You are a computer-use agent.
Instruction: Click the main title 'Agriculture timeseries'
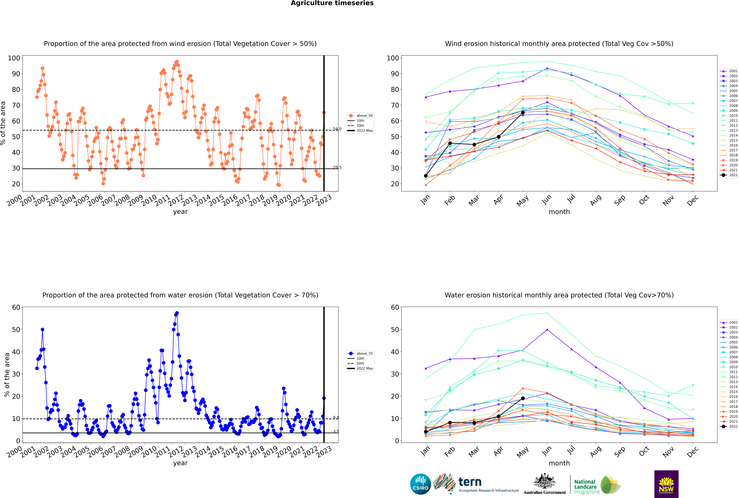[332, 3]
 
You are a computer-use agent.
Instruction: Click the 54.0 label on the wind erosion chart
[337, 129]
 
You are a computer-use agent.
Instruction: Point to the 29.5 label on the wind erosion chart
[337, 167]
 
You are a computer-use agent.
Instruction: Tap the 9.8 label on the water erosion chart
[336, 418]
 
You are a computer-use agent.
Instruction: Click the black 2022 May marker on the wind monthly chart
[523, 112]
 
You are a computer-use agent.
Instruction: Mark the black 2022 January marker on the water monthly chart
[426, 432]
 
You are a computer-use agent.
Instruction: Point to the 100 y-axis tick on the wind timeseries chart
[14, 58]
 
